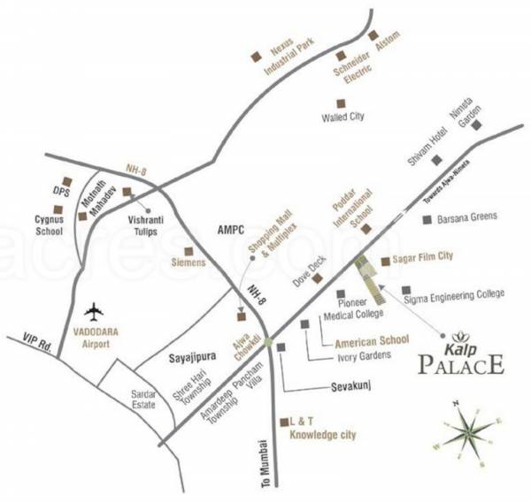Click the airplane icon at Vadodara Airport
coord(95,311)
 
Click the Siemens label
coord(188,263)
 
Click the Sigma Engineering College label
coord(453,293)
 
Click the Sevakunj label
coord(340,387)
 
